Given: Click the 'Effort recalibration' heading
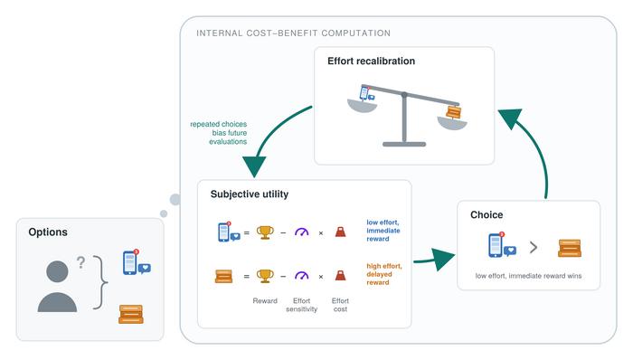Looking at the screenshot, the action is (371, 61).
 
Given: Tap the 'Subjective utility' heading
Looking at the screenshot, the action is (250, 194).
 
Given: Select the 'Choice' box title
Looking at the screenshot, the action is (487, 214).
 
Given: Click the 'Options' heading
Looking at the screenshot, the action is (48, 232).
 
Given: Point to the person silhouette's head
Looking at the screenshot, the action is (57, 271).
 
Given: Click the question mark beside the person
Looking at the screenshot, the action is (80, 262).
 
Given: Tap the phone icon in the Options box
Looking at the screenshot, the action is (136, 262).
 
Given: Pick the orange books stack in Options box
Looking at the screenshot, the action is (131, 314).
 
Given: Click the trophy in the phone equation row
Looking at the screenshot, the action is (265, 232).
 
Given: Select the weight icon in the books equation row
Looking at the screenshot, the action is (340, 276).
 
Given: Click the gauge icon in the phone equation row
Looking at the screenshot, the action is (301, 232).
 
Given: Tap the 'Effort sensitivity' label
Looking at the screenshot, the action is (301, 305).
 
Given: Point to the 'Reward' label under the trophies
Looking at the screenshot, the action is (265, 301).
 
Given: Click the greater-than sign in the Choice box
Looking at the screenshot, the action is (534, 247).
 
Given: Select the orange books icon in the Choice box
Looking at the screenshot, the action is (570, 248).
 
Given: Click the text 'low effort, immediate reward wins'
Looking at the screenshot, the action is (528, 276).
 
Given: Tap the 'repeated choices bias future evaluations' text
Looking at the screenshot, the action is (219, 133).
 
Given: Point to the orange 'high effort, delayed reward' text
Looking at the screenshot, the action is (384, 274).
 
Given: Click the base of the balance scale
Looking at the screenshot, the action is (404, 144).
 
